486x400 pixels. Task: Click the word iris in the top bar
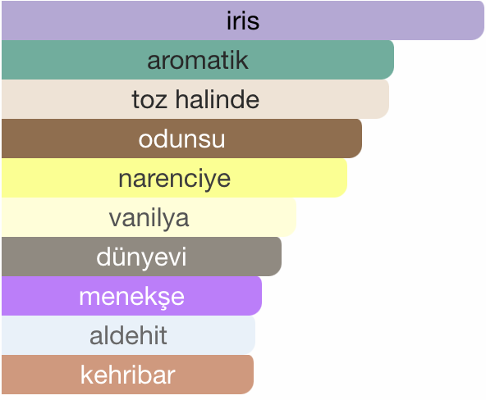243,20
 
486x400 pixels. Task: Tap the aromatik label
197,60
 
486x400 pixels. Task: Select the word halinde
218,99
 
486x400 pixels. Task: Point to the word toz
149,100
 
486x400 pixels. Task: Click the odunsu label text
181,139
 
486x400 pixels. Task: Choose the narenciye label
175,179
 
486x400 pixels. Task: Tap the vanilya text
149,218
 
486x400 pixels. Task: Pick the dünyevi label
141,257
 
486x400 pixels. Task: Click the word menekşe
131,297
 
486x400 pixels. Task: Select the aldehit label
128,335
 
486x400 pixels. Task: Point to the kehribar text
128,375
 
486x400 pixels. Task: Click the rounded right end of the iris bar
484,20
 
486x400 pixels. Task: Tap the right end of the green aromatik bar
393,60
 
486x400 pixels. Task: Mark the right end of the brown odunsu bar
361,139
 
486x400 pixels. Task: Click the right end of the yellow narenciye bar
346,178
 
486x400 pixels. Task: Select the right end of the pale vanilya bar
296,217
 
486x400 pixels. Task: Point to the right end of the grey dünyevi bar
281,257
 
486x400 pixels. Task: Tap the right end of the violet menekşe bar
261,296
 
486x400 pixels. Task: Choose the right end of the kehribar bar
253,375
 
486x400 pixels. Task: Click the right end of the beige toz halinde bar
388,99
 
